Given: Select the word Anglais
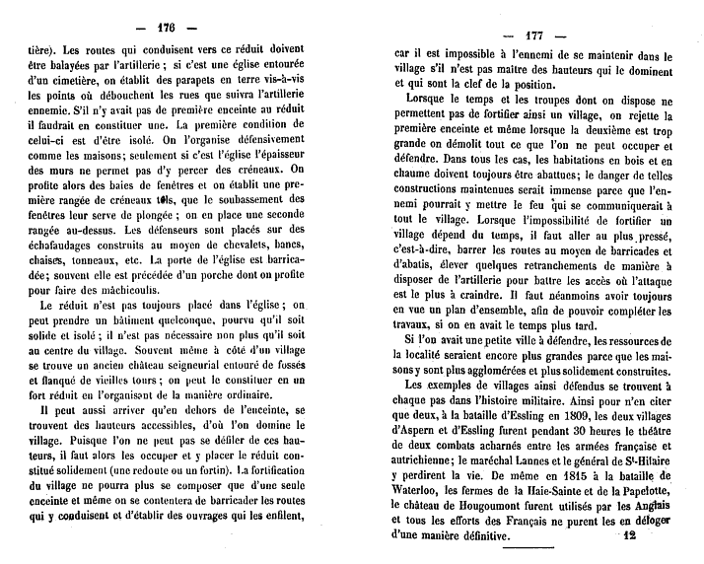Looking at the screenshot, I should point(643,507).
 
